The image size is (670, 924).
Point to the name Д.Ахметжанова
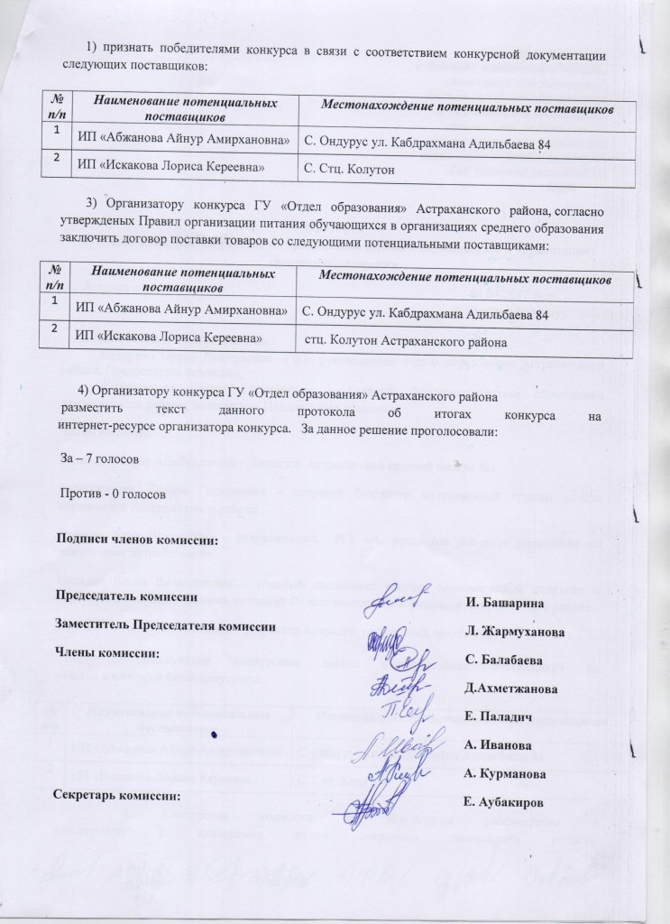click(x=509, y=689)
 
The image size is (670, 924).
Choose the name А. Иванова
click(x=496, y=745)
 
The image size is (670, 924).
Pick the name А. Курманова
click(x=505, y=774)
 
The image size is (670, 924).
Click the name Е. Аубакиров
click(x=504, y=802)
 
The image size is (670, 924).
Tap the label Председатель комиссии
click(x=127, y=596)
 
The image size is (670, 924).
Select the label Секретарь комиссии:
click(x=116, y=796)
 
